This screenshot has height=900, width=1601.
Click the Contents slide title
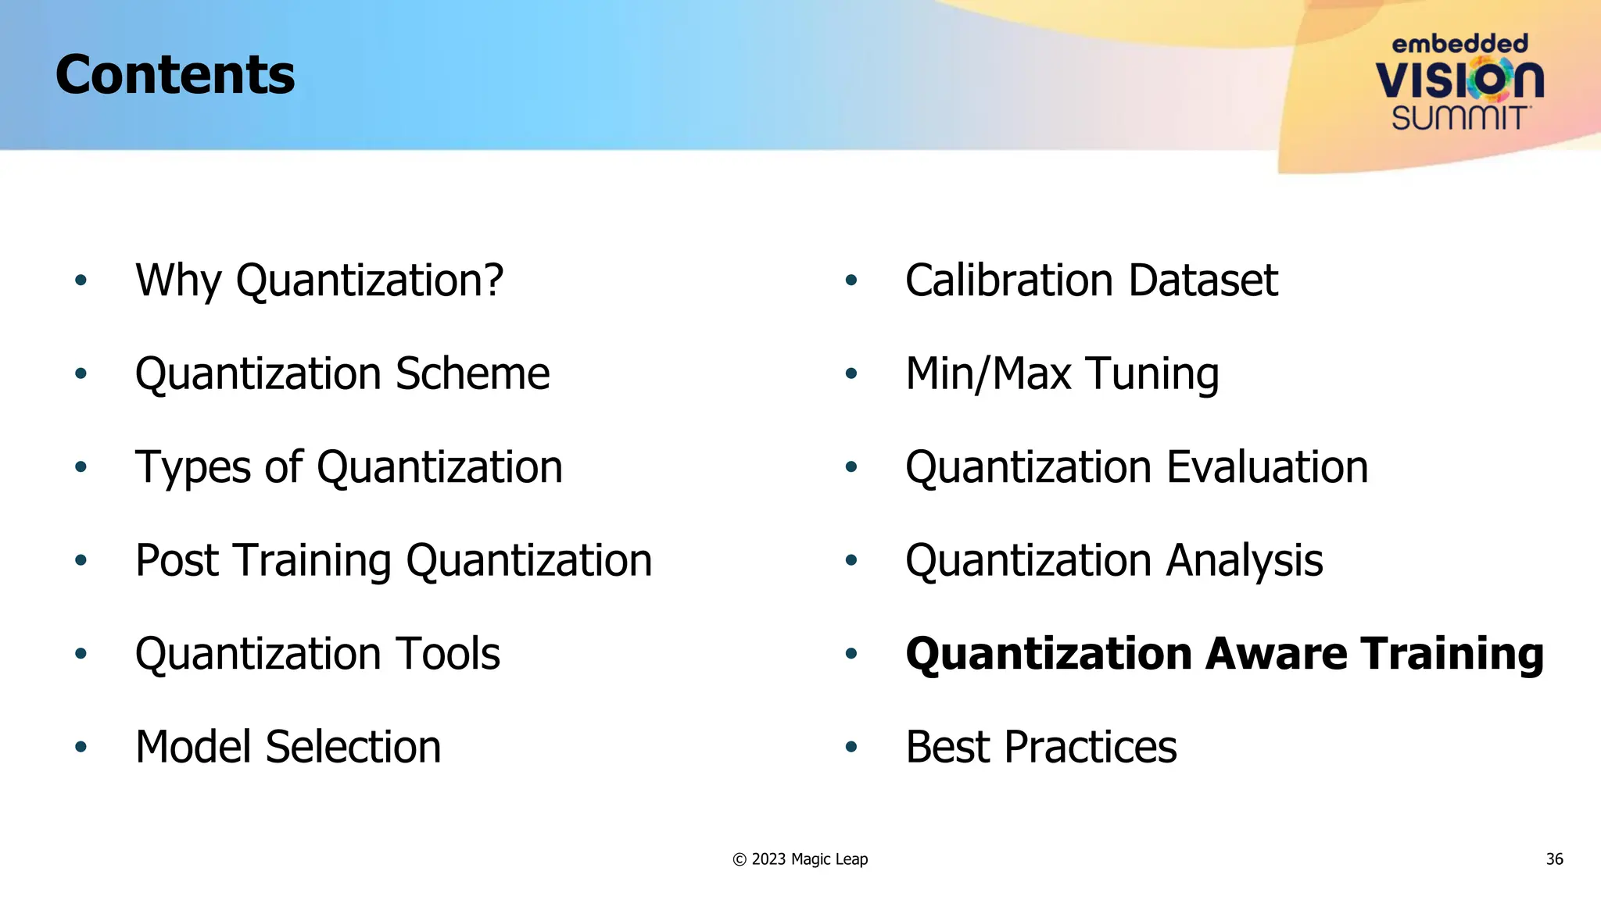[x=175, y=75]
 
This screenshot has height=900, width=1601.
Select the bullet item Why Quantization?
[x=319, y=280]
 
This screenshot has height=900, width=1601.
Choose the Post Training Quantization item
[x=393, y=560]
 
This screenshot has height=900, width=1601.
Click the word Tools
[x=448, y=653]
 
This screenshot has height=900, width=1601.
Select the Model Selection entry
[x=288, y=747]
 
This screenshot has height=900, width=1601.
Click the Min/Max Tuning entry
[x=1062, y=374]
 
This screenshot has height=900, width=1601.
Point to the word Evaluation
[x=1267, y=467]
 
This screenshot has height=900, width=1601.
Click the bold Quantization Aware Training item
[x=1224, y=653]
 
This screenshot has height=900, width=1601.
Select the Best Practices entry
[x=1040, y=747]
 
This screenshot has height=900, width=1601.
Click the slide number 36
[x=1554, y=859]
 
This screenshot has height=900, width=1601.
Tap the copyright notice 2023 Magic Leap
[x=800, y=859]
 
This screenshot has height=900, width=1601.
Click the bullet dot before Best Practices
[x=851, y=748]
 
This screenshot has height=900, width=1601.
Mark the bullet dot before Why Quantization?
[x=81, y=280]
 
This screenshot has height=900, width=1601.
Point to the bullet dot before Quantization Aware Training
[x=851, y=654]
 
